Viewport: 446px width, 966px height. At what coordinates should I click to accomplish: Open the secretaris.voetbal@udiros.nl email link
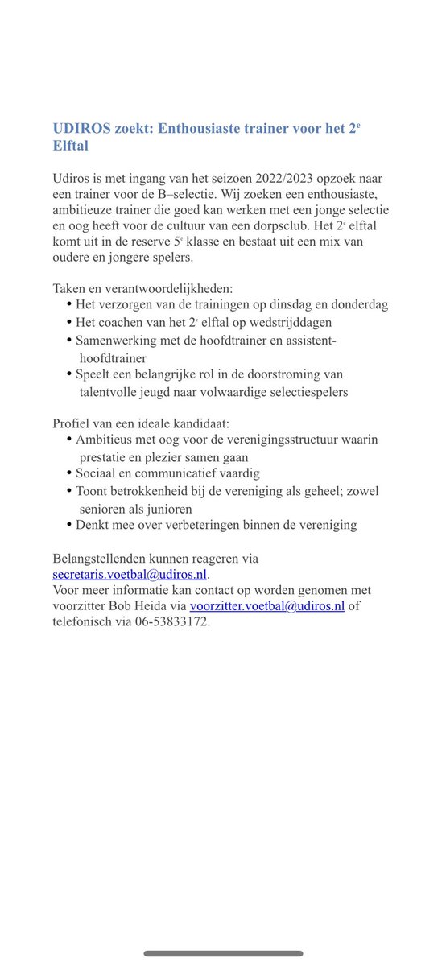[129, 574]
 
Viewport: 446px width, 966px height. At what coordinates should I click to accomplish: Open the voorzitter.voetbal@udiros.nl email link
[267, 606]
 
